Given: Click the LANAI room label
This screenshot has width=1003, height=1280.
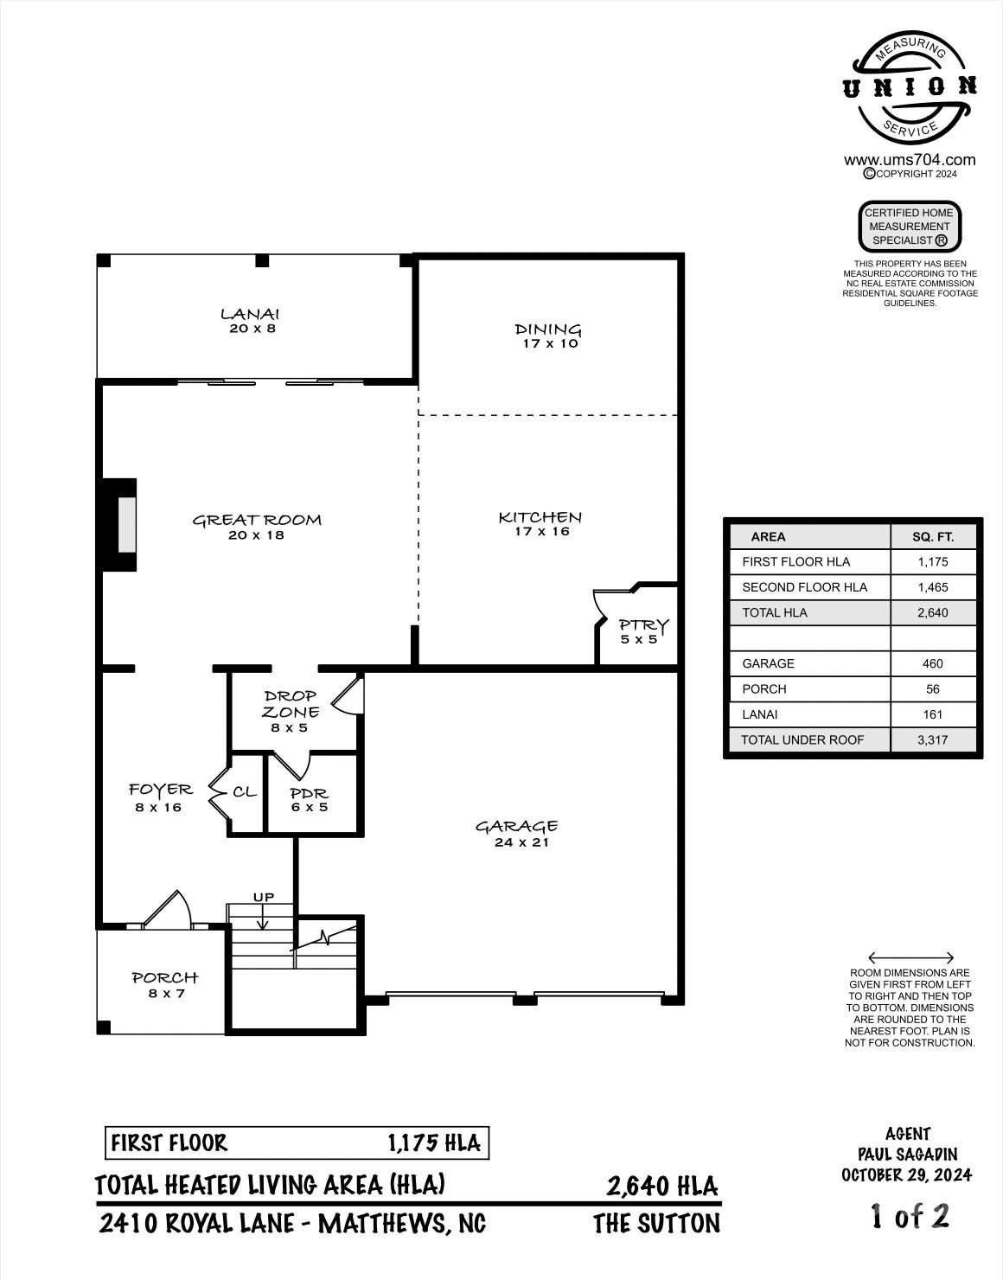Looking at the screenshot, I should [x=250, y=314].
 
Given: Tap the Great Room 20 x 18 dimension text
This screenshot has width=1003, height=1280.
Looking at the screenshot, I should [x=257, y=535].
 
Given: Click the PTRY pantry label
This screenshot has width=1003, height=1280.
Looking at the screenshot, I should [x=643, y=624].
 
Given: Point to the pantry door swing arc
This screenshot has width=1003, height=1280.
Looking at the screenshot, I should [x=599, y=606].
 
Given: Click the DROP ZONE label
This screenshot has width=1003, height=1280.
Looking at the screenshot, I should [x=291, y=704].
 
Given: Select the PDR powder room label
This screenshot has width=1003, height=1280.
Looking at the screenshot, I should [x=309, y=793].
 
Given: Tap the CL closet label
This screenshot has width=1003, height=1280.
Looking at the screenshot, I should [x=245, y=791].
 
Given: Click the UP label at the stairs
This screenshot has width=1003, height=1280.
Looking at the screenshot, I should [x=264, y=898].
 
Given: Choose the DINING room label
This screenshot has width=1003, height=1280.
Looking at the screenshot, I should [x=548, y=329].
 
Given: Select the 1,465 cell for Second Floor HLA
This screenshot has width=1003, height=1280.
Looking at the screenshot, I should [x=933, y=587].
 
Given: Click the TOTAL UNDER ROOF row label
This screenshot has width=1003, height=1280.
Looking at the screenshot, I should [x=802, y=740].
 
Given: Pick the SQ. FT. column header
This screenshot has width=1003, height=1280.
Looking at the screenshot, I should [x=933, y=536].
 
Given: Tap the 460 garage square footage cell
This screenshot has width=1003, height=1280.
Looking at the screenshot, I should [x=933, y=663].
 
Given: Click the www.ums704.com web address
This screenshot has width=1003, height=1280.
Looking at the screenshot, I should [x=910, y=160].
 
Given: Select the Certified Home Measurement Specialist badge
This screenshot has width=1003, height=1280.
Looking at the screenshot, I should [x=910, y=227].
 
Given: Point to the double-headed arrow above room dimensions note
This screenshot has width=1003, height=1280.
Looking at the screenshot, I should [x=910, y=957].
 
